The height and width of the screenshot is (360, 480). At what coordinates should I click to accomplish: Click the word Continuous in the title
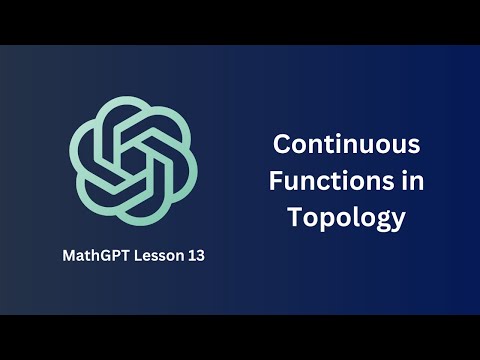[x=347, y=144]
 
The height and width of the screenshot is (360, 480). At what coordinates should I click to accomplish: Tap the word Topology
[x=347, y=217]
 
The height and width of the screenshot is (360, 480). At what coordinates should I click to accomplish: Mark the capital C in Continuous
[x=282, y=144]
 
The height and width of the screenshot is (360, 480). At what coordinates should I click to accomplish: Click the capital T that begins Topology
[x=294, y=216]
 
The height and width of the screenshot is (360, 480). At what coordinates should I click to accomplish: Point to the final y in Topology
[x=400, y=220]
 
